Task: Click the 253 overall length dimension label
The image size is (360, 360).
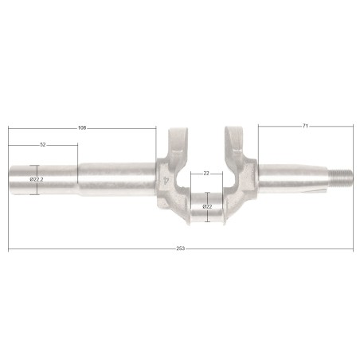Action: coord(180,248)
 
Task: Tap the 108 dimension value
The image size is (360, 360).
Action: coord(82,128)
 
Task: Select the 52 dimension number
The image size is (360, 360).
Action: coord(43,145)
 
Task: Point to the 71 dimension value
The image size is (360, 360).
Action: coord(305,126)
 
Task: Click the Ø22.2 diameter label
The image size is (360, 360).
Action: coord(37,179)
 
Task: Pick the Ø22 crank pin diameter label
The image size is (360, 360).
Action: coord(207,206)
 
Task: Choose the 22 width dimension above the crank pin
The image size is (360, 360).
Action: coord(206,174)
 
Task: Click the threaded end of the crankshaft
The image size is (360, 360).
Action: coord(341,177)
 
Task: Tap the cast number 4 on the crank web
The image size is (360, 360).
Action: coord(166,181)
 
